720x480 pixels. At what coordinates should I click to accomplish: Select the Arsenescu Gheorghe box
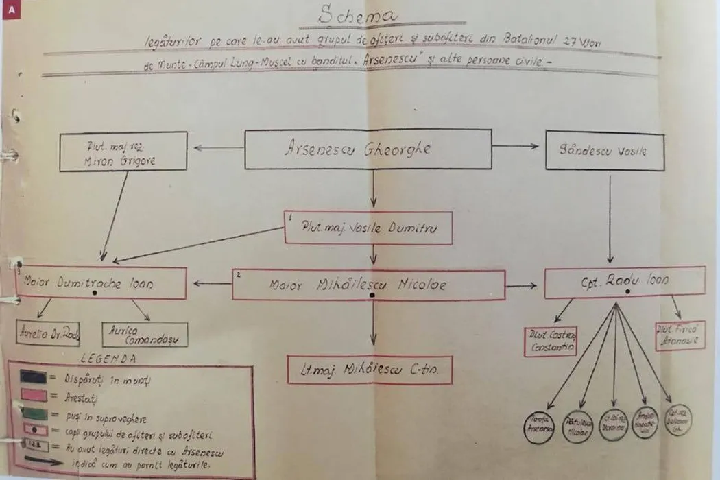(368, 149)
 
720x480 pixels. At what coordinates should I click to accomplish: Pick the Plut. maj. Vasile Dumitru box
(368, 228)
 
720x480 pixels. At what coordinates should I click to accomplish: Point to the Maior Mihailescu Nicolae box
(368, 285)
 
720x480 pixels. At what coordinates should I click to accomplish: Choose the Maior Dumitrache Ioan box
(101, 282)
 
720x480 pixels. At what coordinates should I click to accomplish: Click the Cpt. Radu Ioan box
(625, 282)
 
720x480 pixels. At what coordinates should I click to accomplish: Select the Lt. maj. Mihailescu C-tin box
(370, 370)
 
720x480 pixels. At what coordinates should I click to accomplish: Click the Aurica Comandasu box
(145, 335)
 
